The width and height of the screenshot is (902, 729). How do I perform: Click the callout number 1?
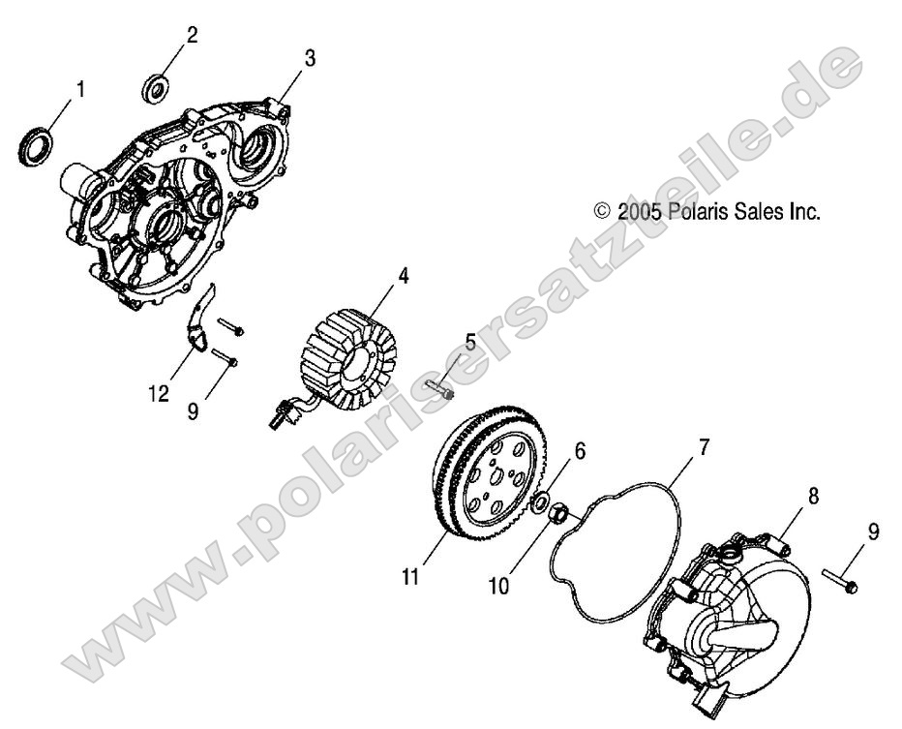(80, 90)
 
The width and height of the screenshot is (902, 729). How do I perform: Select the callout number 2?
(192, 36)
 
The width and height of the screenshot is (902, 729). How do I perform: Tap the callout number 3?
(310, 59)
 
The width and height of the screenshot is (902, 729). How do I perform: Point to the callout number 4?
(402, 276)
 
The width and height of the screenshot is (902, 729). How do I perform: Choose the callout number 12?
(160, 394)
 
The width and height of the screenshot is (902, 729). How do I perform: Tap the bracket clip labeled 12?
(198, 324)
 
